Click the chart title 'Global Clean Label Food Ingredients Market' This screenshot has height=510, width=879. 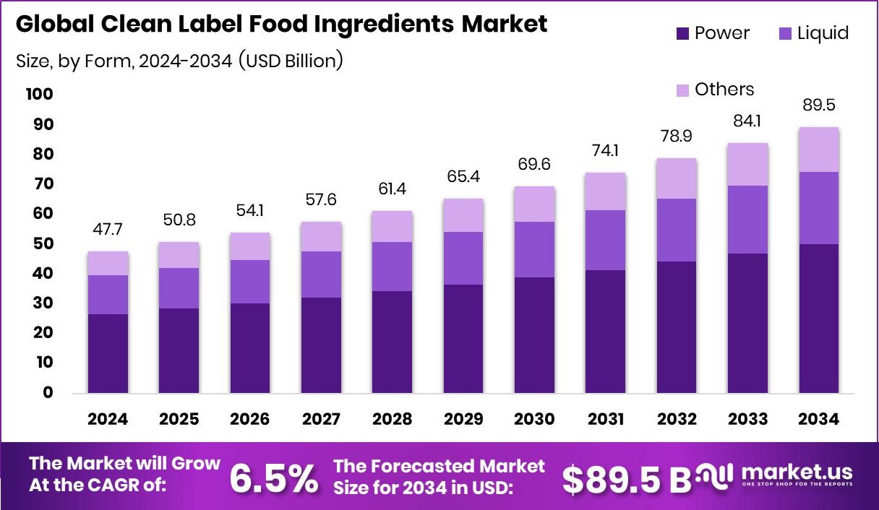[281, 24]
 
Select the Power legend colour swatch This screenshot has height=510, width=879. [683, 33]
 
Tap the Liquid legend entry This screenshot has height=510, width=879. [812, 33]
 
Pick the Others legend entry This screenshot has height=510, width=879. [715, 90]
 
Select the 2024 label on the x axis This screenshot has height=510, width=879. [108, 420]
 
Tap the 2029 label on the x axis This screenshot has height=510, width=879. [463, 420]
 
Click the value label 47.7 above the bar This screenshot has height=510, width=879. [108, 230]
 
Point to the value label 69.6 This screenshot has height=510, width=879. [534, 165]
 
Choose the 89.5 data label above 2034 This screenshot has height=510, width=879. [819, 105]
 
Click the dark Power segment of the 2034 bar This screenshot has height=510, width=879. [819, 318]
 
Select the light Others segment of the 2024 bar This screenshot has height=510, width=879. [108, 264]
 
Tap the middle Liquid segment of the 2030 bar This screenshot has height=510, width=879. [534, 249]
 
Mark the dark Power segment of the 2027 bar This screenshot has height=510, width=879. [321, 345]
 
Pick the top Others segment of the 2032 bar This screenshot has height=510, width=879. [677, 178]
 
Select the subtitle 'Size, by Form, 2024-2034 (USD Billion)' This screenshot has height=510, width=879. [179, 61]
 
